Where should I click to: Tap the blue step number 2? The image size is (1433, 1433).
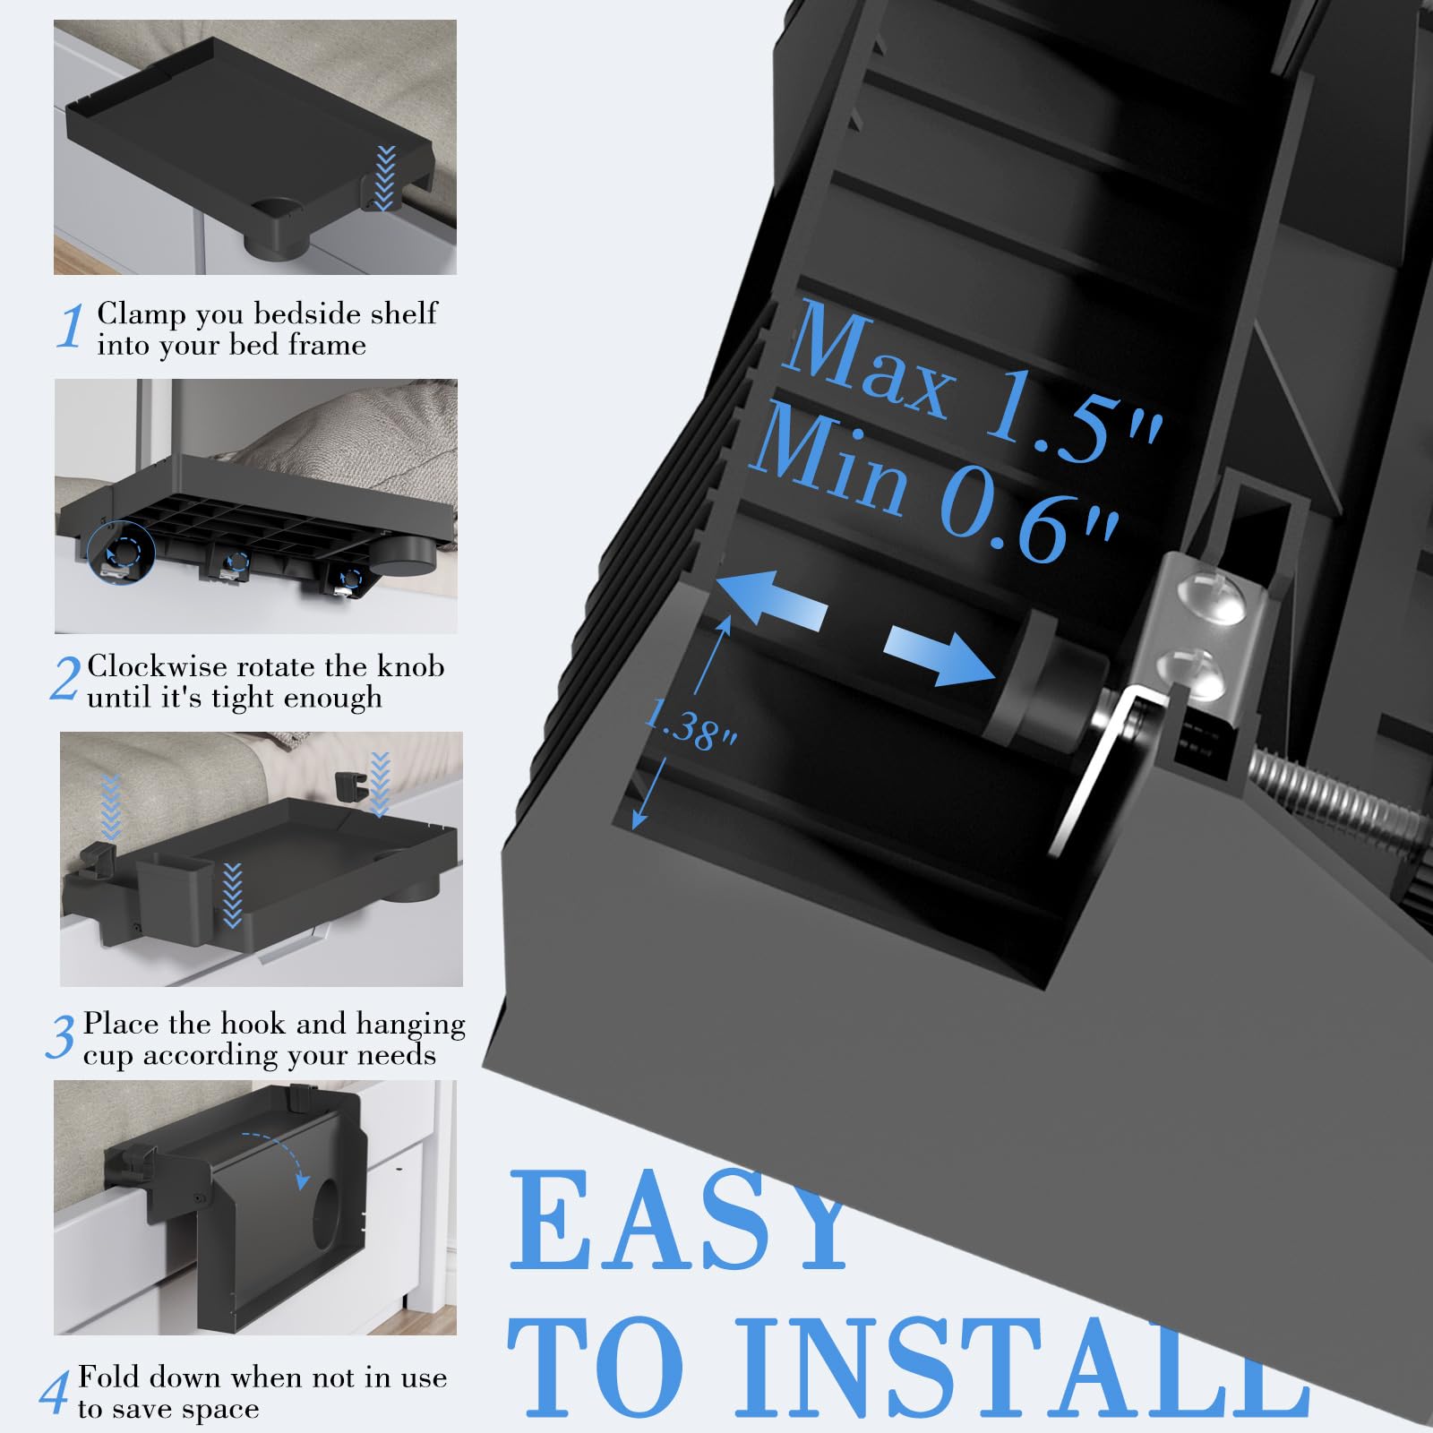65,679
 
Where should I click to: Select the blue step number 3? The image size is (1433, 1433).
61,1037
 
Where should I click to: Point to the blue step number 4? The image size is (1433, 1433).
54,1392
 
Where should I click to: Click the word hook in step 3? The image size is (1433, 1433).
253,1024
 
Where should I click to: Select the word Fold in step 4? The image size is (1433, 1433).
106,1377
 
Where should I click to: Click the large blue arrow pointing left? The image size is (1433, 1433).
770,597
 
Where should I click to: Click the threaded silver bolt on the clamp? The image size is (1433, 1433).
1334,796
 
